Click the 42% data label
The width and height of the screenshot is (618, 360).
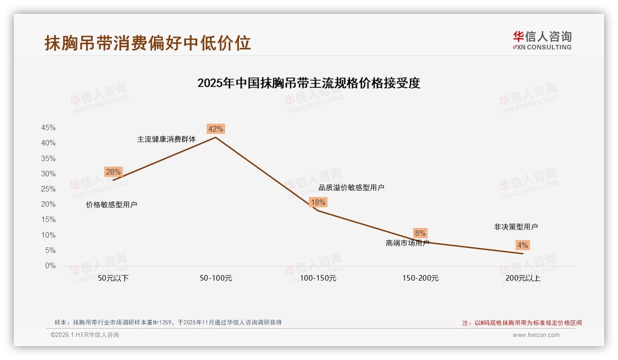click(215, 129)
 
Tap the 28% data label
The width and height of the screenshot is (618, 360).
click(113, 172)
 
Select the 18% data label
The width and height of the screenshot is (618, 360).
click(318, 202)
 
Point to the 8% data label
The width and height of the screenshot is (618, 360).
click(420, 233)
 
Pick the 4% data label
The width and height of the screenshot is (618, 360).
click(523, 245)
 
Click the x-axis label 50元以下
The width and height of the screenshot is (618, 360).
click(113, 278)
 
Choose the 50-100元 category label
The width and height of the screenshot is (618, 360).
click(215, 278)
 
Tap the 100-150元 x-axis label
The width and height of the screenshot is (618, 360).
click(318, 278)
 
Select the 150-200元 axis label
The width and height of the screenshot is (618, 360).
click(420, 278)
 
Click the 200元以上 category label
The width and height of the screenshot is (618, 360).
click(523, 278)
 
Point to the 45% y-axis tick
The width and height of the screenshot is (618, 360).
click(48, 128)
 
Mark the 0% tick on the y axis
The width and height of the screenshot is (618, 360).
click(50, 266)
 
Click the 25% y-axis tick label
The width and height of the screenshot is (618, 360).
click(48, 189)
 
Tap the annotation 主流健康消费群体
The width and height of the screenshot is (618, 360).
click(166, 139)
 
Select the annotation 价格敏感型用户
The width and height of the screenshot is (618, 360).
click(112, 205)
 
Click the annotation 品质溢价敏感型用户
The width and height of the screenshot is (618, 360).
click(351, 187)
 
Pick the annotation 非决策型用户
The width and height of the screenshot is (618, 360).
click(516, 227)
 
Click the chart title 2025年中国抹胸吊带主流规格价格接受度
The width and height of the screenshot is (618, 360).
click(309, 83)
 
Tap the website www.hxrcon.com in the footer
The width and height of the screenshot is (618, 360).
click(536, 335)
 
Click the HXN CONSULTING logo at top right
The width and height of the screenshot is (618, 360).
click(542, 41)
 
